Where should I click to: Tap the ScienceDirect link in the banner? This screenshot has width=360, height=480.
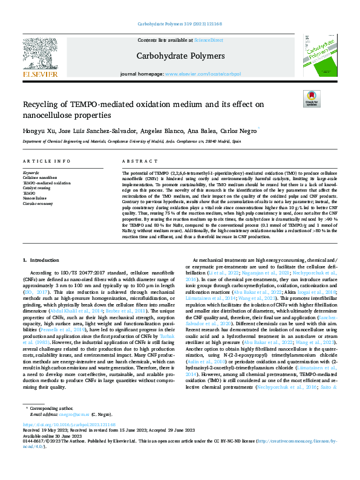[206, 40]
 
